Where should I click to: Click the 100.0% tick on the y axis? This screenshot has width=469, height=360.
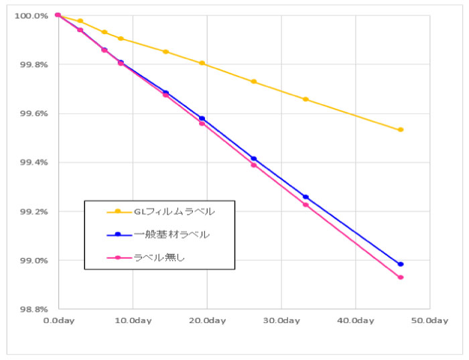31,15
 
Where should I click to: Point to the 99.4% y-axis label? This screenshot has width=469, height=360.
31,162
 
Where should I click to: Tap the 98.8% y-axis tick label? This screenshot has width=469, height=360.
31,309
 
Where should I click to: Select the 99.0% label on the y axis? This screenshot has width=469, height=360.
31,260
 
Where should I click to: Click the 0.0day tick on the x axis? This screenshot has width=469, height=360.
58,321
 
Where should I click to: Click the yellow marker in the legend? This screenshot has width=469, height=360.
118,211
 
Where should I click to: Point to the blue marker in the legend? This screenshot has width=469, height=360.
118,234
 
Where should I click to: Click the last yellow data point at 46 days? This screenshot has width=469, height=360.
401,129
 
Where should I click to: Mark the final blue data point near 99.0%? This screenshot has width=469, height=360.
401,264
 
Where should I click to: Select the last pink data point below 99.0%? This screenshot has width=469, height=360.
401,278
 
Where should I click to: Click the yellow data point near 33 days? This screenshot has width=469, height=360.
306,99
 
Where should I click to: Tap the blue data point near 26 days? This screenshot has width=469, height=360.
253,159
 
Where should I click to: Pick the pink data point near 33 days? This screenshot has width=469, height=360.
306,204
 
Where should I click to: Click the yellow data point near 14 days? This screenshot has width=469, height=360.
165,52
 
